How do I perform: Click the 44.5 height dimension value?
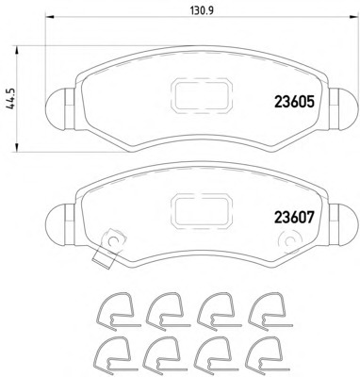[x=10, y=99]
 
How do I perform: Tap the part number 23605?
[x=294, y=102]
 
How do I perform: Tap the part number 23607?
[x=294, y=217]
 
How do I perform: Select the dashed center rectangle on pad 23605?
[x=201, y=95]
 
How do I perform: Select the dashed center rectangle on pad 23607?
[x=201, y=211]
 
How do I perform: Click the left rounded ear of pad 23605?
[x=60, y=109]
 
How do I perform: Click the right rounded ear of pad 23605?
[x=344, y=109]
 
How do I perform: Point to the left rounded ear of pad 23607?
[x=60, y=225]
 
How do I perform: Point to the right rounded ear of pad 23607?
[x=344, y=225]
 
